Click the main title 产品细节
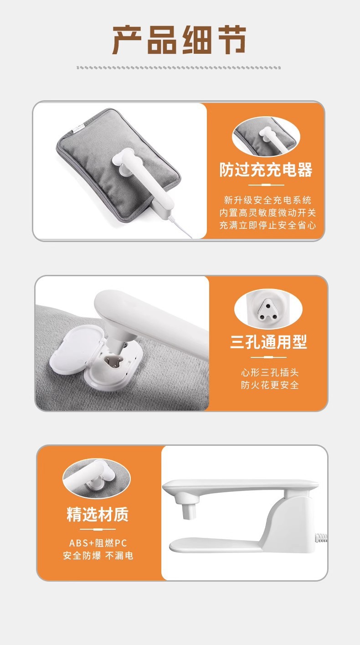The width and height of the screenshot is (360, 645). [179, 40]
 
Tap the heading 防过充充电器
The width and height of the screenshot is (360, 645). [266, 170]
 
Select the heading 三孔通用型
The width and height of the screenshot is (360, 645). [268, 342]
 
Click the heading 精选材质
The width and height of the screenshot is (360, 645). [98, 514]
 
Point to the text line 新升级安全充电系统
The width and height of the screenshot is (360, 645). [267, 200]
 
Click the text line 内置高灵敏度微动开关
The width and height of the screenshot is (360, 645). [267, 213]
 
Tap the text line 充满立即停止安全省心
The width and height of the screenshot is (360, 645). [267, 225]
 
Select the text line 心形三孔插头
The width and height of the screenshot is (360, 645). [270, 372]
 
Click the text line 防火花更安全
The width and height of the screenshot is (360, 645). [270, 385]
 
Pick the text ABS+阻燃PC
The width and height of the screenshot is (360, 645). [98, 543]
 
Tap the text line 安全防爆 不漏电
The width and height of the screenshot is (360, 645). [98, 556]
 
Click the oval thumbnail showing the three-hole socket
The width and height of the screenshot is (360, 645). [268, 309]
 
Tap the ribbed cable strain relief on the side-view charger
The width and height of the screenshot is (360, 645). [321, 537]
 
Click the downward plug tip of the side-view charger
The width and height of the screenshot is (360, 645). [189, 511]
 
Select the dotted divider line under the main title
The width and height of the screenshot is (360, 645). [179, 67]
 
